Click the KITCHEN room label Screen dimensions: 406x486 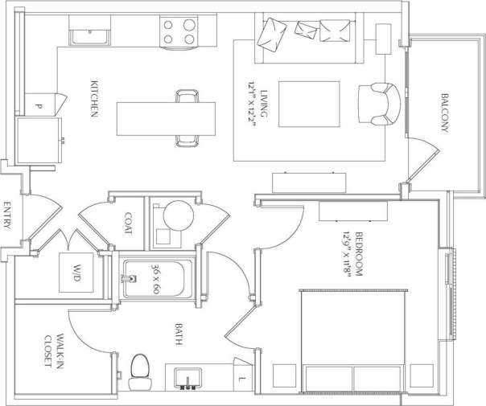93,100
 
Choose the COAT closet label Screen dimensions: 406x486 129,223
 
